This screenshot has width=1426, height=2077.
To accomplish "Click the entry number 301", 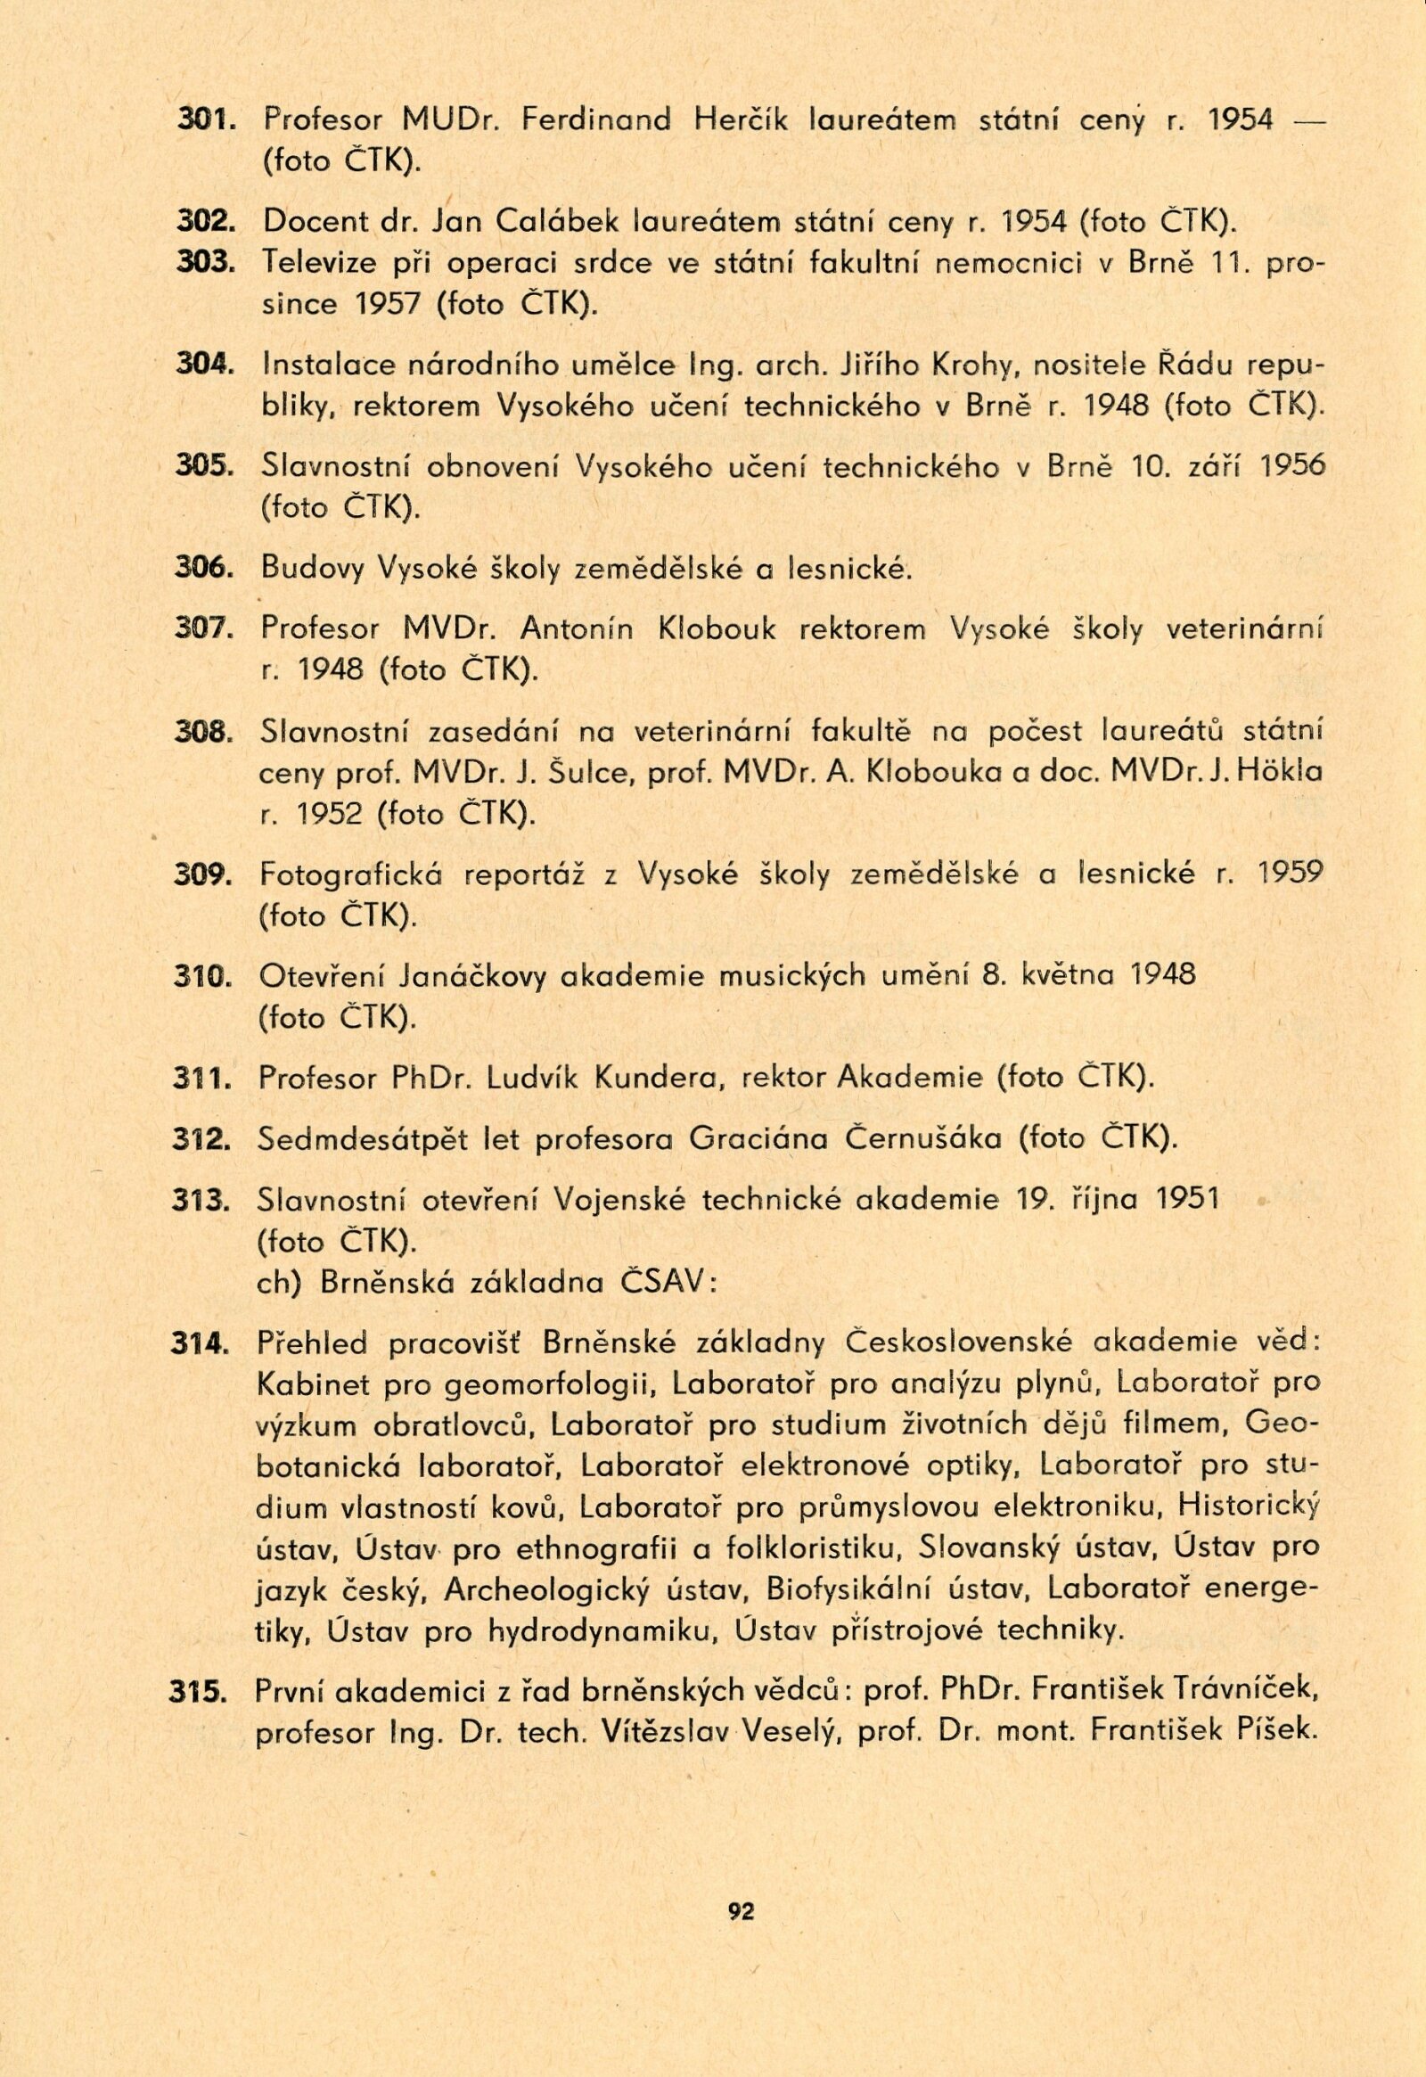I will click(x=202, y=119).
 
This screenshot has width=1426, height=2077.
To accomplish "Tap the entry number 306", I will click(x=202, y=567).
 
